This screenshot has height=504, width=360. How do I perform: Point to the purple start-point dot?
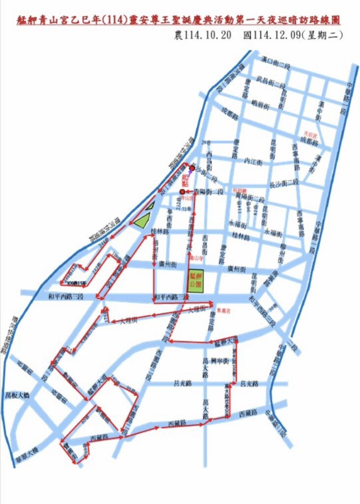click(x=192, y=168)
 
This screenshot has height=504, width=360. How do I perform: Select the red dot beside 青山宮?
click(x=182, y=191)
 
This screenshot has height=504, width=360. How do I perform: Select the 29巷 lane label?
click(x=207, y=143)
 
